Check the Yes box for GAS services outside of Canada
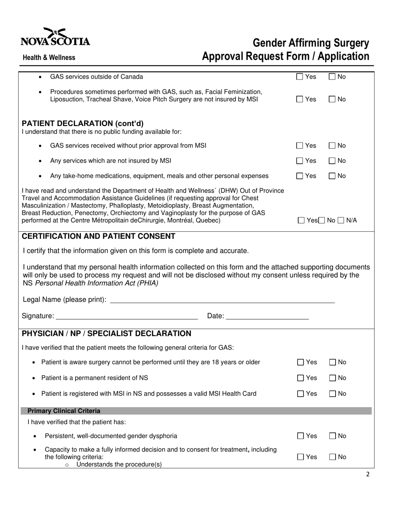click(300, 77)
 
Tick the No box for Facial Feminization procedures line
click(332, 100)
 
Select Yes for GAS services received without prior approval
click(300, 146)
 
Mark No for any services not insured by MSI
click(332, 161)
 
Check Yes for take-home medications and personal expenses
click(300, 176)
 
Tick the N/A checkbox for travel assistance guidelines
click(341, 221)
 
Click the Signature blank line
click(126, 316)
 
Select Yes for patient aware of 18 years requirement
click(301, 362)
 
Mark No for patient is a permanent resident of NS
click(333, 378)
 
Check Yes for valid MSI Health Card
click(301, 394)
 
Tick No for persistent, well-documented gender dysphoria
click(333, 436)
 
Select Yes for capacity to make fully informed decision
click(301, 457)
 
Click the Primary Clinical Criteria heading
click(64, 411)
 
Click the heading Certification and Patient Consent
click(98, 237)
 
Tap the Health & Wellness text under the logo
click(49, 58)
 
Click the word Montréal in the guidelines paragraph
click(177, 220)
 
